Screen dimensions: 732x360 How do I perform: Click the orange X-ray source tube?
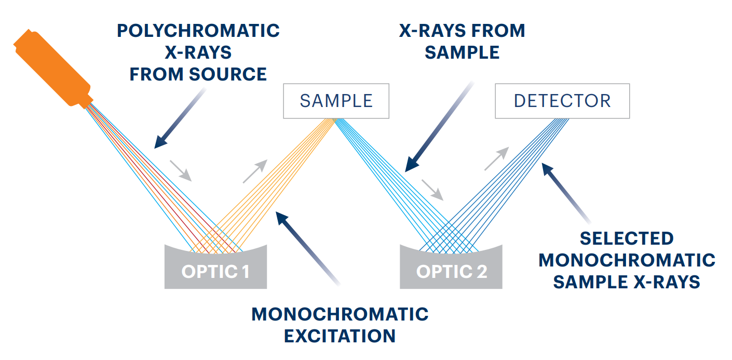[53, 69]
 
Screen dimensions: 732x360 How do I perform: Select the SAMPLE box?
[336, 101]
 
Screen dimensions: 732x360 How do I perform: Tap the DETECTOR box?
[562, 101]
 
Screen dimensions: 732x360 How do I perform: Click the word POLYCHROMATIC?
[198, 31]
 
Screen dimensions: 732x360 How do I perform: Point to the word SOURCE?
[228, 74]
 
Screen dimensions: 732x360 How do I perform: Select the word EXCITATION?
[340, 336]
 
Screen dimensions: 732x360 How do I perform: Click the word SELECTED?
[627, 238]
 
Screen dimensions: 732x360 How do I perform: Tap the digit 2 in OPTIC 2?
[481, 271]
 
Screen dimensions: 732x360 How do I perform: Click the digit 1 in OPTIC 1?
[246, 271]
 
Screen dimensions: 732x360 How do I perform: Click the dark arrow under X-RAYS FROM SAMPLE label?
[439, 126]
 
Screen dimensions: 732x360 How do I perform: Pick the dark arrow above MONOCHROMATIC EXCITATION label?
[308, 248]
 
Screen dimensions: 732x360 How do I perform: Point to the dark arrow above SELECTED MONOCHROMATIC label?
[566, 193]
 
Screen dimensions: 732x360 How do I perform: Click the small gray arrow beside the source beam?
[180, 170]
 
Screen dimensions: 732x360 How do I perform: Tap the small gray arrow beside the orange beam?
[255, 171]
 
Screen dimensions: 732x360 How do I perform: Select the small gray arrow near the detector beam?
[497, 158]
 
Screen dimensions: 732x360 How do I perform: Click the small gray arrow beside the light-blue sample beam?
[432, 190]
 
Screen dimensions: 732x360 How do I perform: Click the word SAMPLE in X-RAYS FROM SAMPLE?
[462, 52]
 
